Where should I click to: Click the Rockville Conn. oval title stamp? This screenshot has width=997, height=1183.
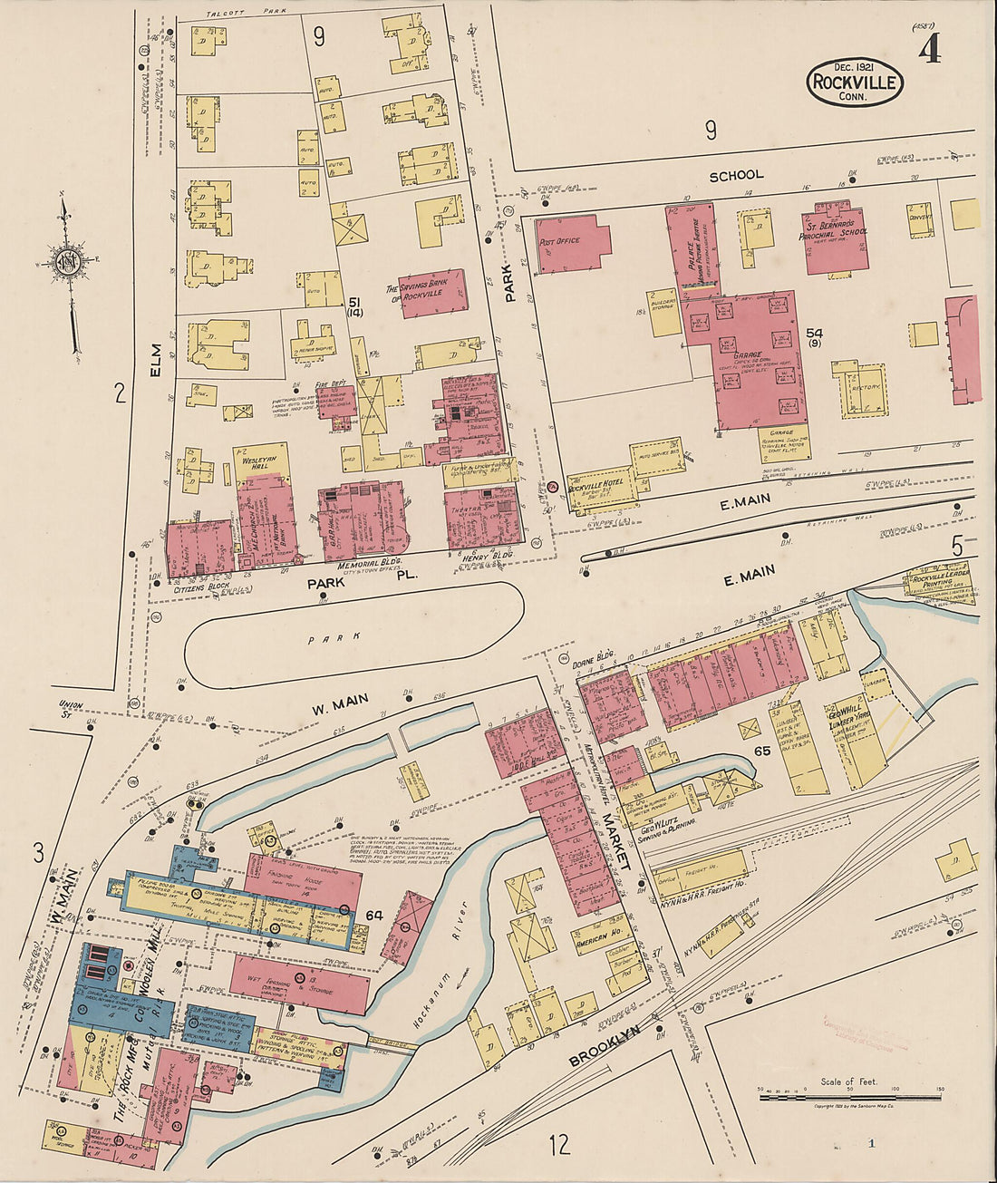tap(855, 82)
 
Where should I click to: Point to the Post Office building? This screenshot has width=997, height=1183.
tap(572, 243)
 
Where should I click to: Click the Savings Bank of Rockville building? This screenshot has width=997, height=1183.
tap(433, 293)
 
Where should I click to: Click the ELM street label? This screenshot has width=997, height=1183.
tap(155, 361)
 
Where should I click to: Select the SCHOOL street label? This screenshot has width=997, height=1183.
tap(736, 175)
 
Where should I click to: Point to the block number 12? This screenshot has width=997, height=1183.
tap(559, 1144)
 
